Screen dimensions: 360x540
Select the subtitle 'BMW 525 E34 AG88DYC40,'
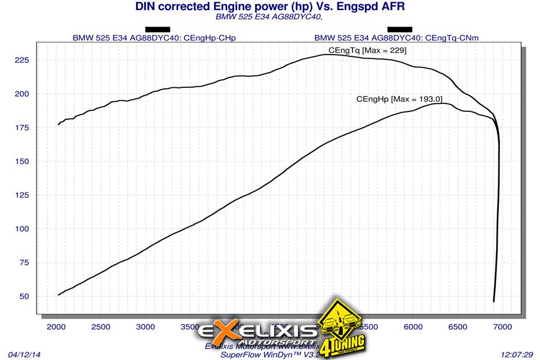(269, 17)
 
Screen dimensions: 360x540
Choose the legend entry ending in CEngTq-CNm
(399, 38)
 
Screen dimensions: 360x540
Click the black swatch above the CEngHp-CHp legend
(157, 29)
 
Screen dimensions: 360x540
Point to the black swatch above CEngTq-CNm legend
(399, 29)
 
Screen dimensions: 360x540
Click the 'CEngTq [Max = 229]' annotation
(367, 51)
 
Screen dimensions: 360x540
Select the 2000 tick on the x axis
(57, 326)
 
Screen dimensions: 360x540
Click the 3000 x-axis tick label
(146, 326)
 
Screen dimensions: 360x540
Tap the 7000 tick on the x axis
(502, 326)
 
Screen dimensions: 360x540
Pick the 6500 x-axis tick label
(458, 326)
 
